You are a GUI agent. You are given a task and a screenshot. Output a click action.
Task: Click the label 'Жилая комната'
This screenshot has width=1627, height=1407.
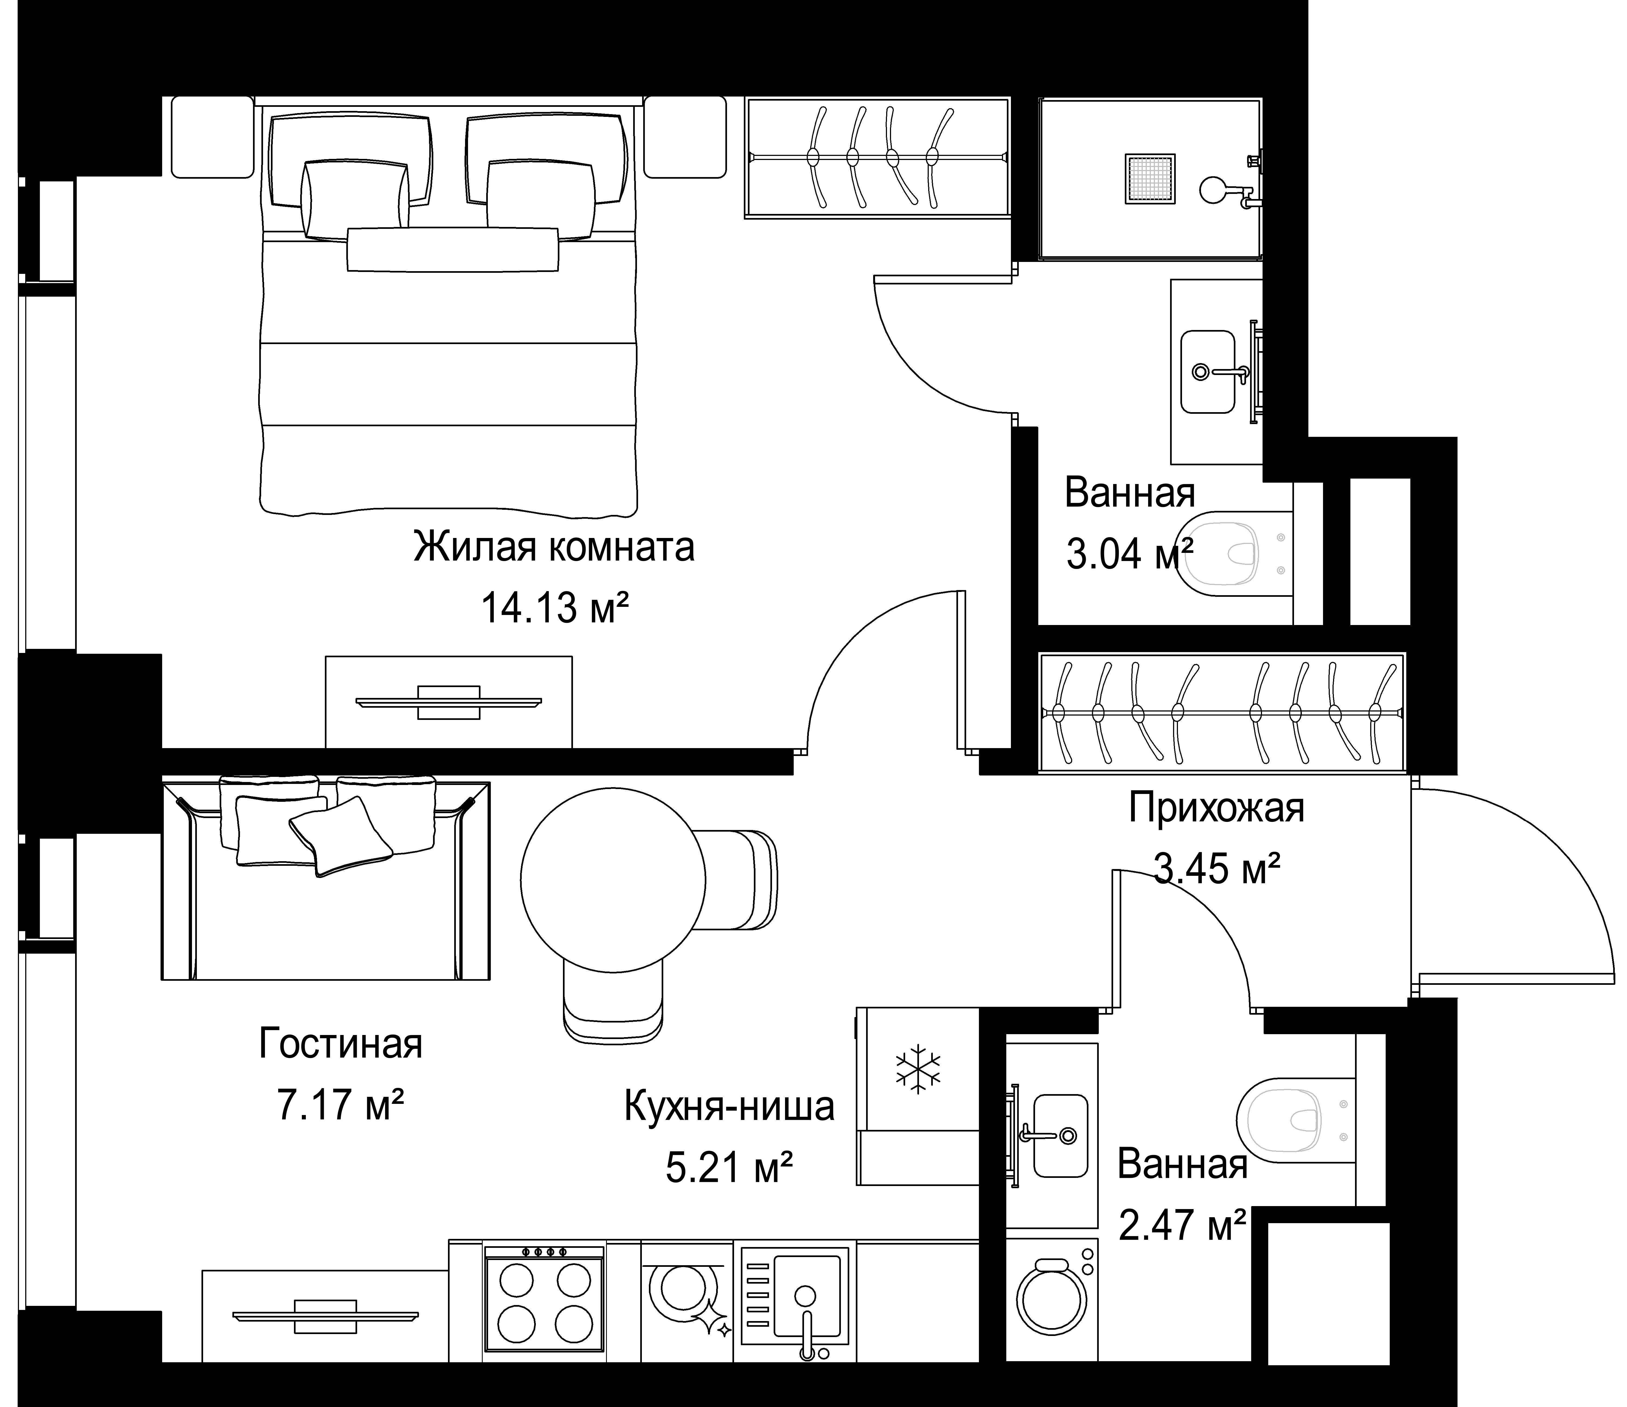pos(554,547)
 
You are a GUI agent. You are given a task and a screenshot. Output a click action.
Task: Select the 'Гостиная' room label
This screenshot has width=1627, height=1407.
pos(341,1044)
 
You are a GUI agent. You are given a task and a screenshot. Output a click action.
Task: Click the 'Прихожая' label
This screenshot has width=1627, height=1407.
pos(1216,809)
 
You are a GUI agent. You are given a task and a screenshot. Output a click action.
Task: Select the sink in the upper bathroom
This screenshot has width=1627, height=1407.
pos(1208,371)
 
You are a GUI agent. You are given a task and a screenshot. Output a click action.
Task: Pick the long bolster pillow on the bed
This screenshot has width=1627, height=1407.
pos(453,250)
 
